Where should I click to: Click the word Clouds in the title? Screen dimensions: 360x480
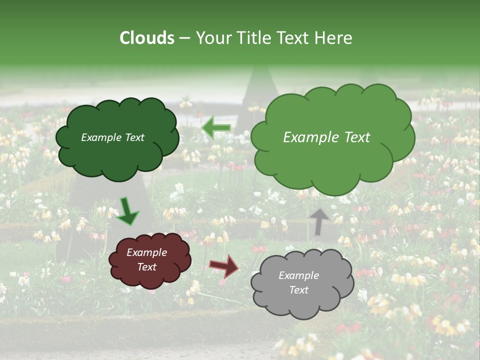pyautogui.click(x=147, y=38)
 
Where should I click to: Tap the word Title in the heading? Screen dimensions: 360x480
pyautogui.click(x=254, y=38)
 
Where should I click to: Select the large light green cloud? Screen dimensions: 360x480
pyautogui.click(x=332, y=160)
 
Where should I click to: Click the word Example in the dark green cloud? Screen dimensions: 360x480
pyautogui.click(x=101, y=137)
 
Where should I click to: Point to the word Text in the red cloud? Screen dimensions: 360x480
pyautogui.click(x=147, y=267)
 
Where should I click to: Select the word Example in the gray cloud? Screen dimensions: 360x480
pyautogui.click(x=298, y=275)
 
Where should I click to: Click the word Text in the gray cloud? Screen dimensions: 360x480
pyautogui.click(x=299, y=290)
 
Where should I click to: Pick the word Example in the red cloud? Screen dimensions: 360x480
pyautogui.click(x=147, y=252)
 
